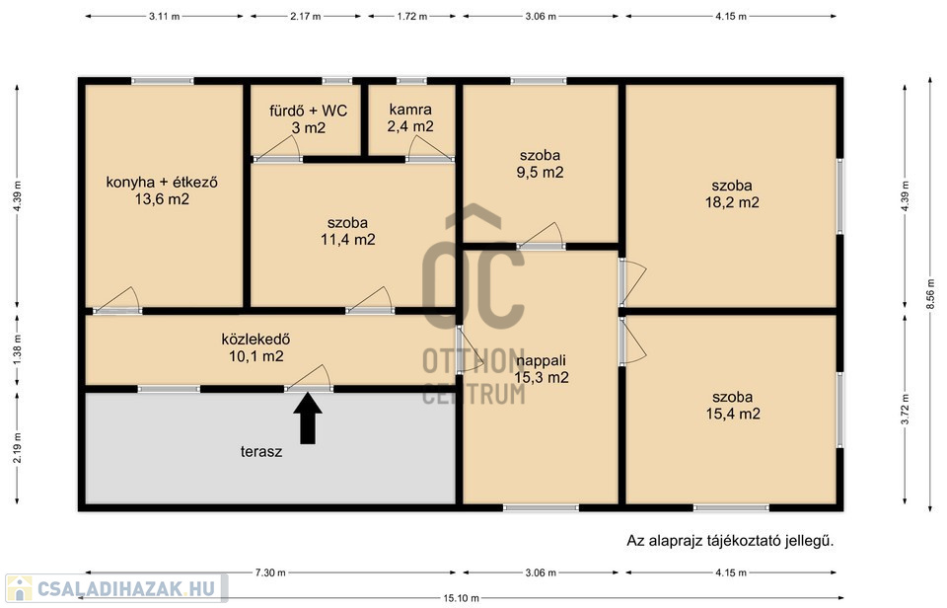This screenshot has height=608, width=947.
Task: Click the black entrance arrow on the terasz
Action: coord(308,418)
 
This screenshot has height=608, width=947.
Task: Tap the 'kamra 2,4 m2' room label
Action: coord(410,117)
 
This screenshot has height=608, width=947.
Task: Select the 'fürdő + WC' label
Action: coord(308,111)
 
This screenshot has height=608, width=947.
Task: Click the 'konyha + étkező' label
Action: coord(162,182)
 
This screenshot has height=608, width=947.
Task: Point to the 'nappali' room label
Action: coord(542,361)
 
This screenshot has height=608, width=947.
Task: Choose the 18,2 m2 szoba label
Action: coord(732,194)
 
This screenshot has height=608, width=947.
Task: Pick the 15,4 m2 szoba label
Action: coord(733,406)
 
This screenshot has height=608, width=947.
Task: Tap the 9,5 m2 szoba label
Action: coord(540,164)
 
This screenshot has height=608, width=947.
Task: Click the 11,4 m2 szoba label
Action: coord(348,231)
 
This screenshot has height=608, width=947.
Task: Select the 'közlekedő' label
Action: coord(256,340)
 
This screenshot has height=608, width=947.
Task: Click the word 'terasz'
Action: coord(261,451)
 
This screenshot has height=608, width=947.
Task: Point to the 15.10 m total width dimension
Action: coord(462,598)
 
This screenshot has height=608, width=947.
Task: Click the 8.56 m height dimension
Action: coord(930,296)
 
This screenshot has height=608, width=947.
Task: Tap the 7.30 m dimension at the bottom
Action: coord(270,572)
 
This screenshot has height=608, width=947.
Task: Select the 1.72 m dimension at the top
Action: coord(412,17)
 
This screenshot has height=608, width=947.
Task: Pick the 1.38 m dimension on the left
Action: coord(17,348)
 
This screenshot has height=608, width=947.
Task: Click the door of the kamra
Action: coord(429,149)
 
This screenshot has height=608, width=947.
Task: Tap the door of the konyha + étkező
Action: coord(117,300)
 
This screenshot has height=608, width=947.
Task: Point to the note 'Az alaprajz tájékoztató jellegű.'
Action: coord(730,541)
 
